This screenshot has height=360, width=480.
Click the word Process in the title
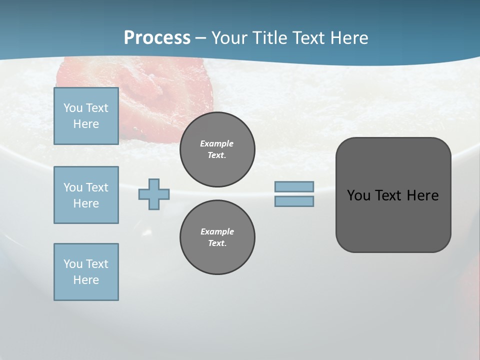(157, 38)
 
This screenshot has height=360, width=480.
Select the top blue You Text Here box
(86, 116)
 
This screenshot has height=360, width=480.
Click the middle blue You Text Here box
(86, 195)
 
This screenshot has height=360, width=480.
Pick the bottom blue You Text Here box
(86, 272)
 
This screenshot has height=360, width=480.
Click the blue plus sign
(154, 194)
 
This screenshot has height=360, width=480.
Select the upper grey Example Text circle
(217, 149)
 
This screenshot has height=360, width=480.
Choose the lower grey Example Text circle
(217, 237)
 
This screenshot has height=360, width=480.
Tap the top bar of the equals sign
(294, 187)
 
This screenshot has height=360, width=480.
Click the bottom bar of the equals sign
(294, 201)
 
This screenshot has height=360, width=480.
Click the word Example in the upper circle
(217, 143)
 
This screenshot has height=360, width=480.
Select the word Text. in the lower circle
(217, 243)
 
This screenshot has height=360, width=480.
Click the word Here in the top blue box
(86, 124)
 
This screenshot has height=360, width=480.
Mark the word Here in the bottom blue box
(86, 280)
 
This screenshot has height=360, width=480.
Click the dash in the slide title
(201, 38)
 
